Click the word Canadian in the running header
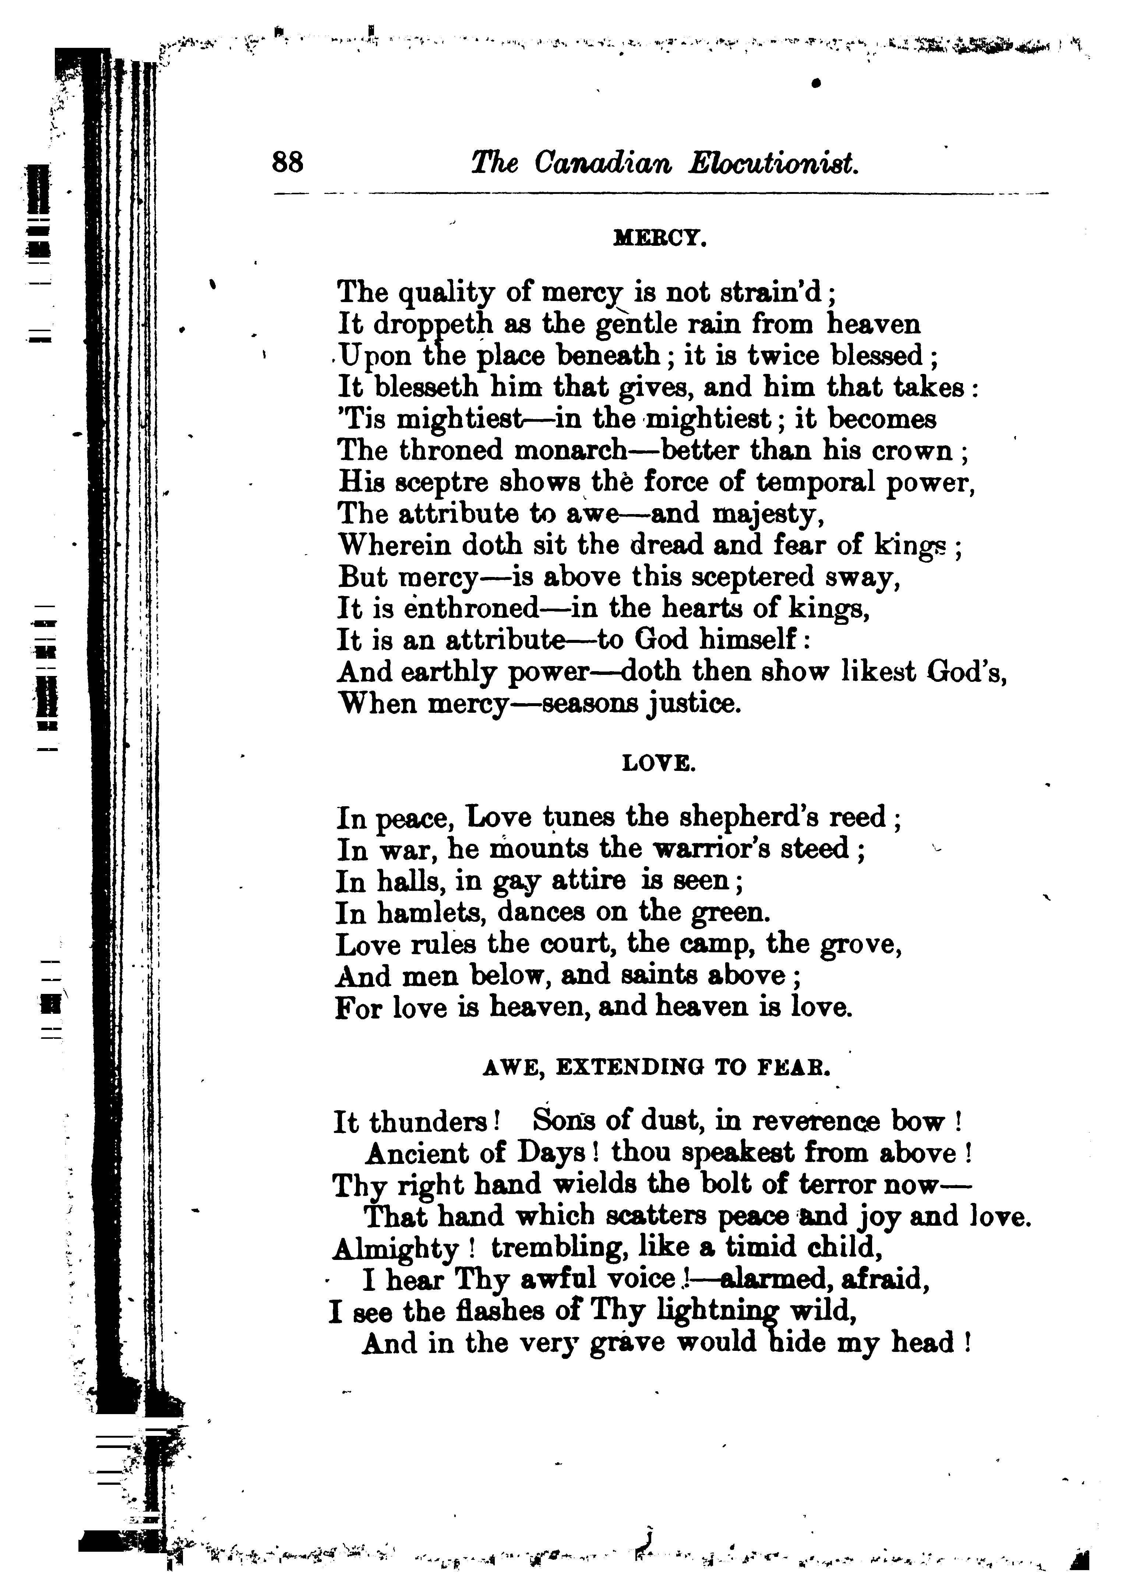tap(603, 164)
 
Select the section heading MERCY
tap(659, 240)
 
